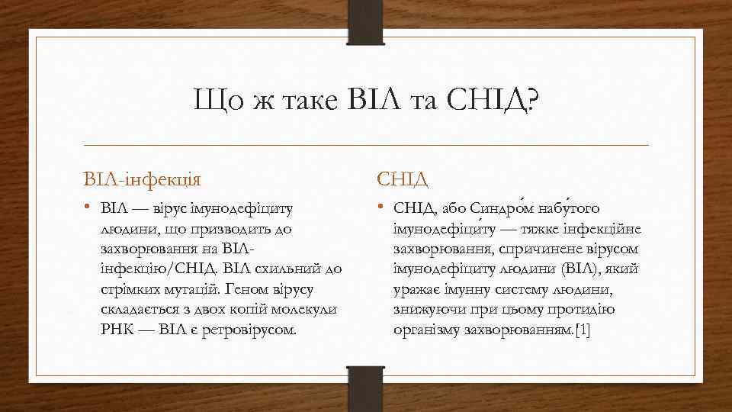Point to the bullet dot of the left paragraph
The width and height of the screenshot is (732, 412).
click(x=88, y=208)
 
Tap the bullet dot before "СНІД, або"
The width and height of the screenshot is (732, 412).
click(x=381, y=208)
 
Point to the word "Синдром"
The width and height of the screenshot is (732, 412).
click(x=502, y=208)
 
